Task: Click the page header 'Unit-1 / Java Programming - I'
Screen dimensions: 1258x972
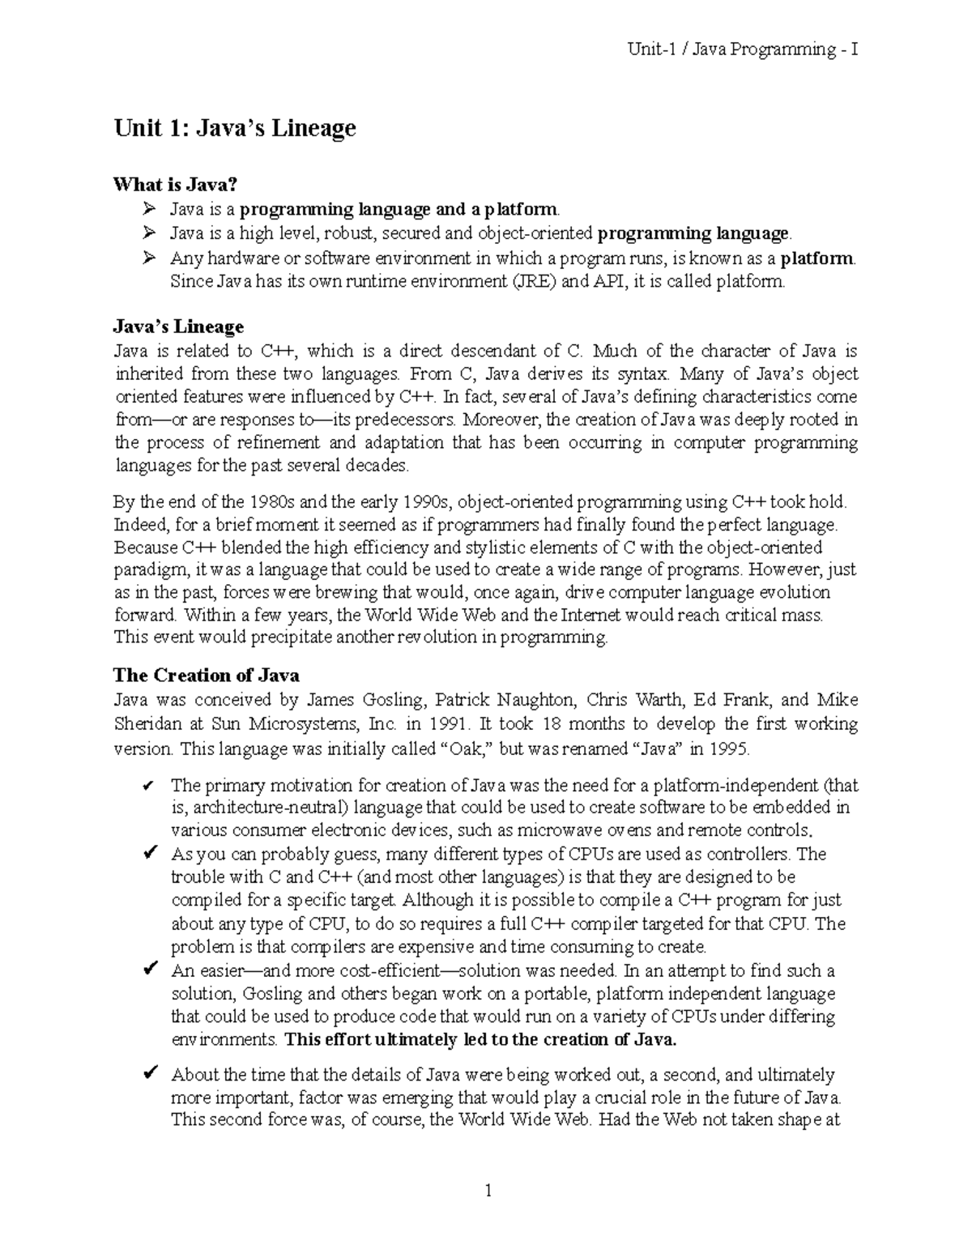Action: pyautogui.click(x=743, y=50)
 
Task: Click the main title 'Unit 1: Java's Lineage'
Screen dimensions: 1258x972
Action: pyautogui.click(x=234, y=129)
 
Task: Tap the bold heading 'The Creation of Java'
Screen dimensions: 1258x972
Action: pyautogui.click(x=206, y=676)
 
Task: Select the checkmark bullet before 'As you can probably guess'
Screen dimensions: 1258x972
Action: pyautogui.click(x=149, y=854)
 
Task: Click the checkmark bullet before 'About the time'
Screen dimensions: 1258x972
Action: pyautogui.click(x=149, y=1075)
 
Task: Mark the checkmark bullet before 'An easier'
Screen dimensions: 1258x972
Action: pyautogui.click(x=149, y=970)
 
